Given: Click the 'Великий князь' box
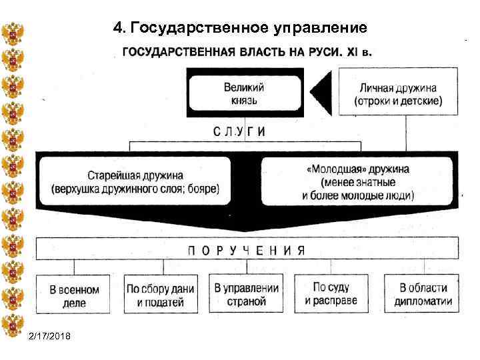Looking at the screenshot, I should (x=244, y=94).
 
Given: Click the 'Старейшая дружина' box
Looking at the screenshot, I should (x=135, y=181).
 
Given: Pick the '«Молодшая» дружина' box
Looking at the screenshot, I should (x=357, y=181).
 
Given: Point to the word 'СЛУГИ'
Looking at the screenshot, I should (x=239, y=131).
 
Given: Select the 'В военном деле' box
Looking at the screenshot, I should (x=75, y=295).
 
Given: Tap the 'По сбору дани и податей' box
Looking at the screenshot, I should (x=161, y=295).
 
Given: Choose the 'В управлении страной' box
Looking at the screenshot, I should (x=246, y=294).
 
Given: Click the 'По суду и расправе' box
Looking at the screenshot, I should (x=331, y=294).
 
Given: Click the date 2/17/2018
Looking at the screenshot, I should (x=53, y=335).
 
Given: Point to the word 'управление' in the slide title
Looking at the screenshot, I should (x=319, y=28).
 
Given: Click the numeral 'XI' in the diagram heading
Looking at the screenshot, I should (x=349, y=52).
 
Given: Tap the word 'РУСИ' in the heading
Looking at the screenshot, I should (x=319, y=52).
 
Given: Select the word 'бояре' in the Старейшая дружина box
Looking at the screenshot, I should (x=201, y=188).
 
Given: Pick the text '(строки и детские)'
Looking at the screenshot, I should (x=398, y=101).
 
